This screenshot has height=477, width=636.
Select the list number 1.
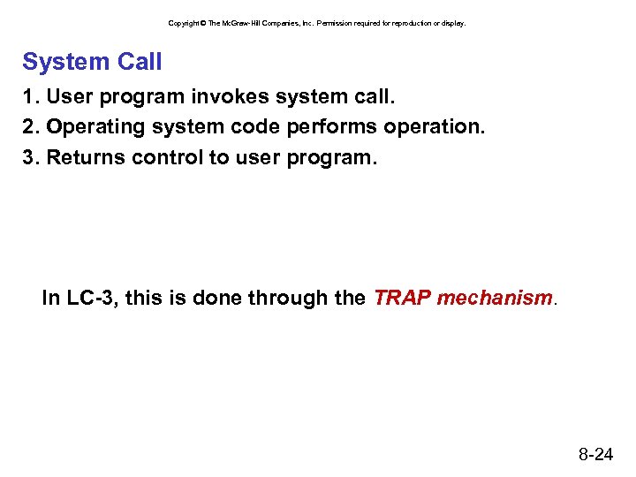[28, 95]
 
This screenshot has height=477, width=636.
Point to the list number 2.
[28, 127]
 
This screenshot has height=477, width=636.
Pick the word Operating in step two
[95, 127]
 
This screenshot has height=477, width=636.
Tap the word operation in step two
[433, 127]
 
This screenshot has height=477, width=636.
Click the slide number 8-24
[596, 455]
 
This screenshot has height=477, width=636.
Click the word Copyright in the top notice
[185, 23]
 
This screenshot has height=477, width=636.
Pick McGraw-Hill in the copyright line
[238, 23]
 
